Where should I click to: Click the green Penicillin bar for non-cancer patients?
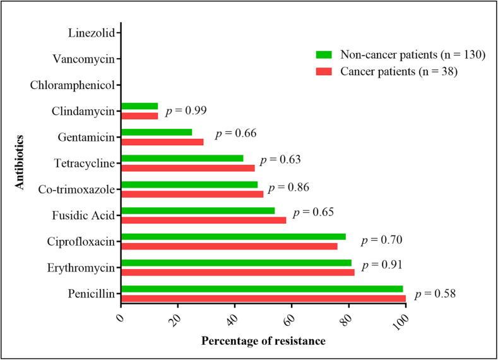(262, 289)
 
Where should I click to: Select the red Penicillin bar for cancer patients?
(263, 297)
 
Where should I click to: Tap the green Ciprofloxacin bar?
(234, 237)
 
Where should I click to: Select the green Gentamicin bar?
(157, 133)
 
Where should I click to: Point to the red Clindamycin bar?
(139, 116)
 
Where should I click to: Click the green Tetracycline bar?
(182, 159)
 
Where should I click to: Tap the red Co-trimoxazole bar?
(192, 194)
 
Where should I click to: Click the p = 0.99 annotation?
(186, 111)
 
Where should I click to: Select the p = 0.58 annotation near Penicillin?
(436, 294)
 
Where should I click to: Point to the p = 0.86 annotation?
(288, 188)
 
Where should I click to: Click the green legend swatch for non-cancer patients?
(325, 54)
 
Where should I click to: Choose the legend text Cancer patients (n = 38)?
(399, 71)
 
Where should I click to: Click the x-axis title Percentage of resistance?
(263, 341)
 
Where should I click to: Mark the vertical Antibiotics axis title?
(19, 162)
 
